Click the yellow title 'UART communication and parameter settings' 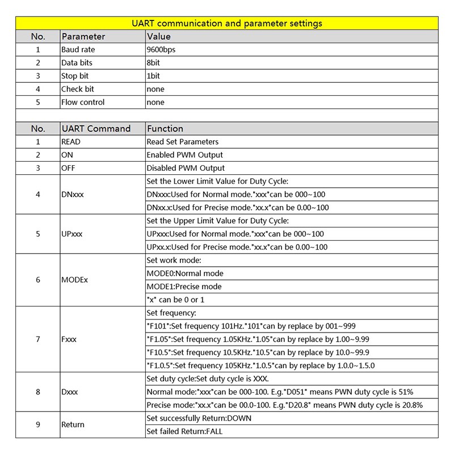point(227,23)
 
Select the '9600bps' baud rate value point(161,50)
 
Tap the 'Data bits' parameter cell point(77,63)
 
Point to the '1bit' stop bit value point(153,76)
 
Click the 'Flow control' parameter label point(83,103)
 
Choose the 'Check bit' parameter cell point(77,89)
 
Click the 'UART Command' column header point(96,129)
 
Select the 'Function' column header point(165,129)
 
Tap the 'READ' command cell point(71,142)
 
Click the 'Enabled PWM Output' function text point(184,155)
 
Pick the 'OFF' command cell point(68,168)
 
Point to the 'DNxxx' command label point(72,194)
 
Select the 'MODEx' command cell point(74,280)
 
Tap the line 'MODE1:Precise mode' point(184,287)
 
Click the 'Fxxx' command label point(69,339)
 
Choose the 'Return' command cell point(73,425)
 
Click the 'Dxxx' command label point(69,392)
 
